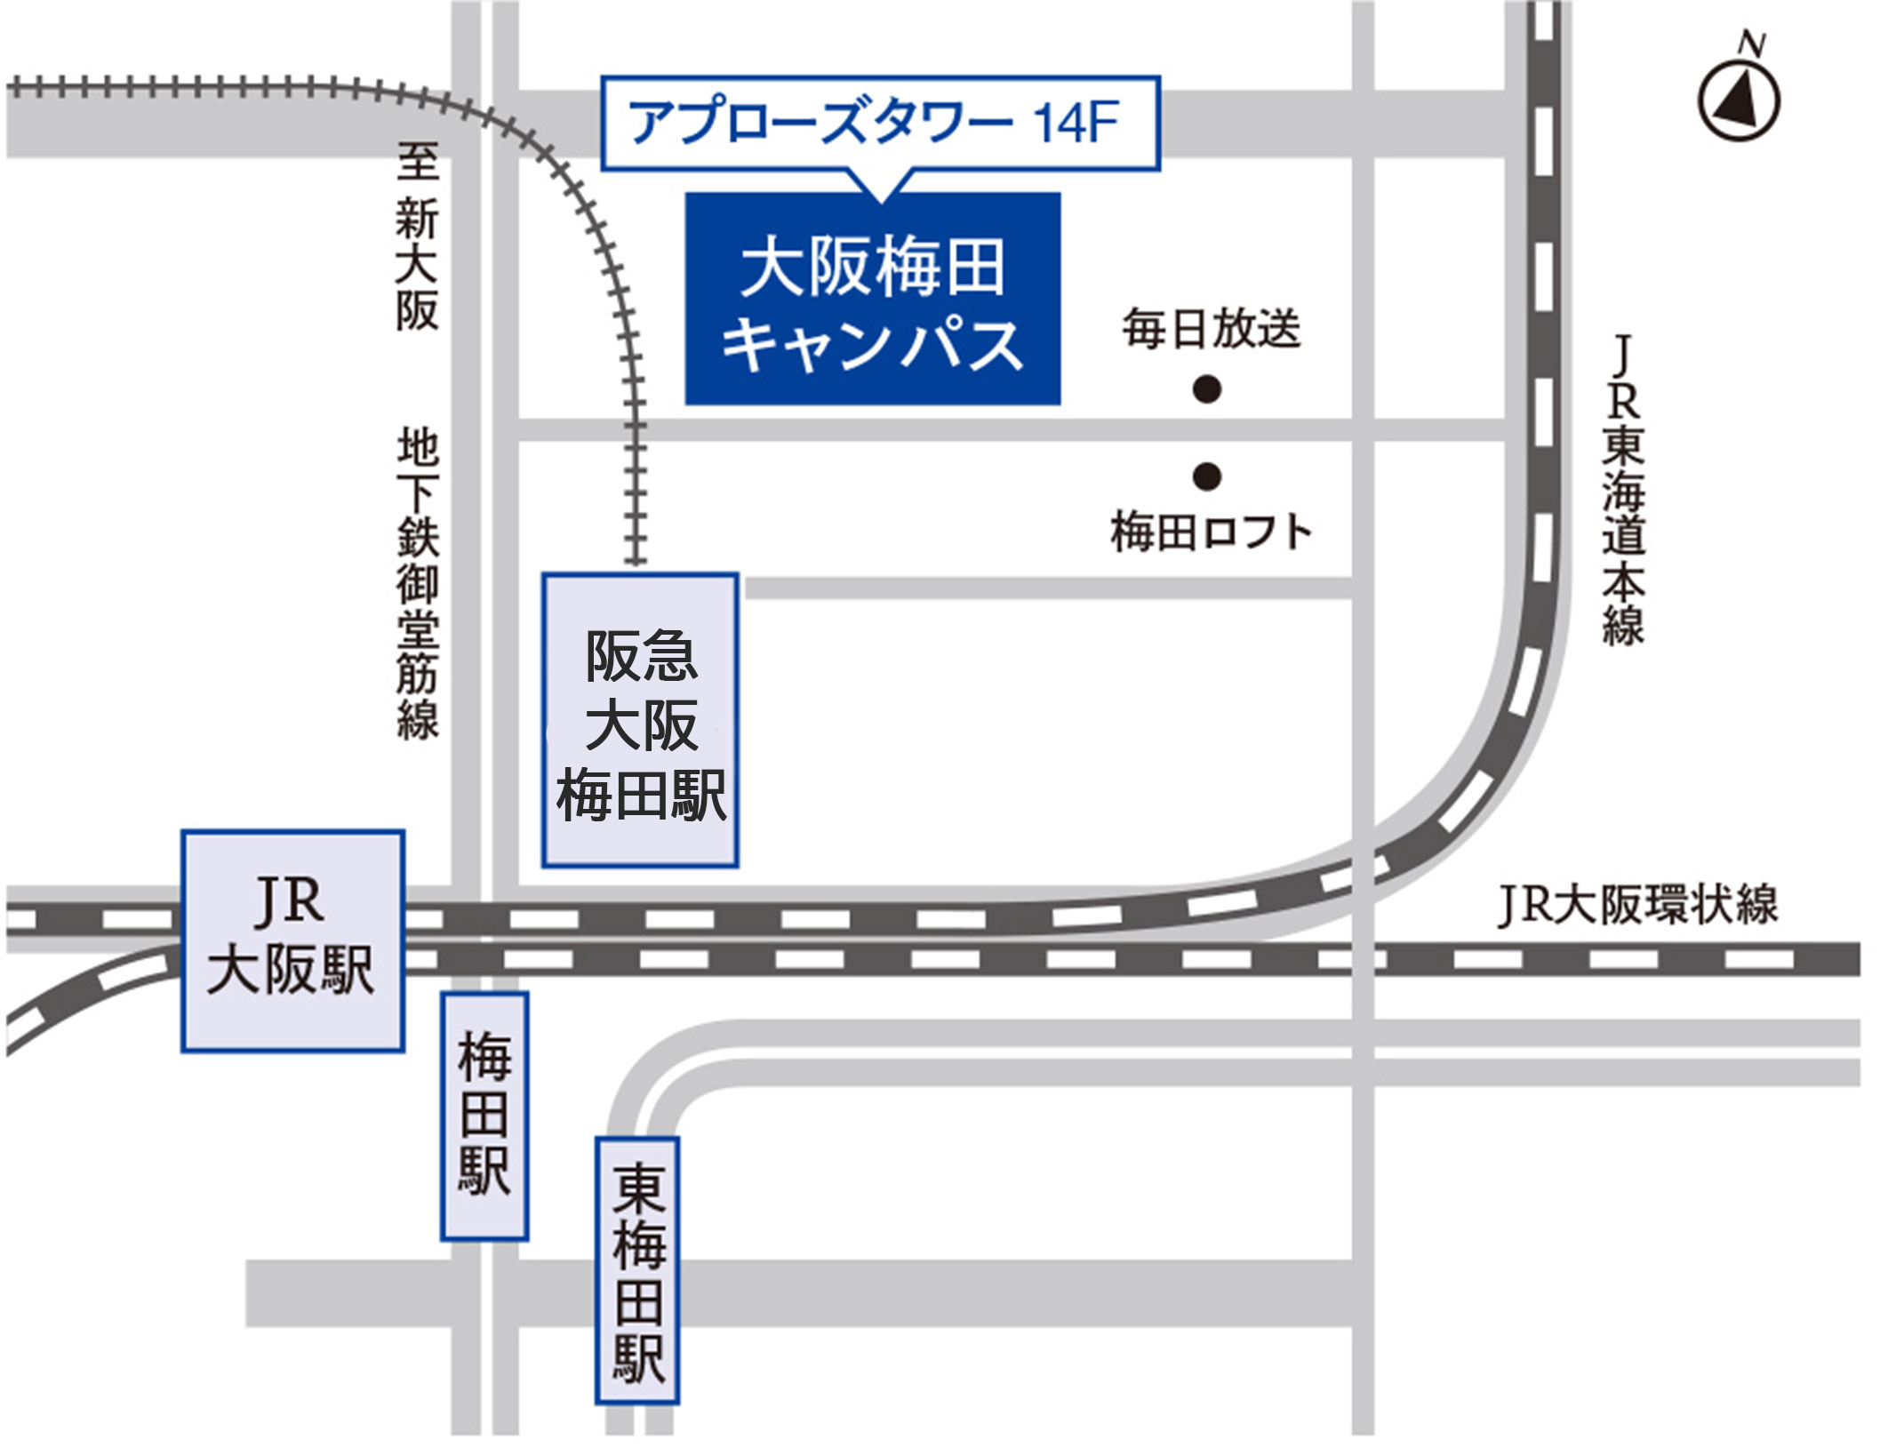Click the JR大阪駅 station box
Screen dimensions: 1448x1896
click(292, 941)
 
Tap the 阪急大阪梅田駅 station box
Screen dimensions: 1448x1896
click(640, 720)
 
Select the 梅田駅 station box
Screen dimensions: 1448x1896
click(484, 1116)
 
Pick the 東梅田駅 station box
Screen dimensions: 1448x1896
click(637, 1271)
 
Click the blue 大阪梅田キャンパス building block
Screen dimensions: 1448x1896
click(872, 299)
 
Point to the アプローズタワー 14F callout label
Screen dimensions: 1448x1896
click(880, 123)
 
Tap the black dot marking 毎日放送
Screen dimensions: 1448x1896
click(1206, 388)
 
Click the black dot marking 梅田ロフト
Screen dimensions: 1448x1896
click(1206, 476)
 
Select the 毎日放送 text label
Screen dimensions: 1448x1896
click(1211, 329)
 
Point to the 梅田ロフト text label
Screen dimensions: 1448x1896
click(1211, 532)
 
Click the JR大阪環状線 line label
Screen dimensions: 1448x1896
click(1637, 905)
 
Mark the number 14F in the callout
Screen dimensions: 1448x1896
click(1075, 123)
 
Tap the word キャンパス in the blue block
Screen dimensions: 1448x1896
click(872, 345)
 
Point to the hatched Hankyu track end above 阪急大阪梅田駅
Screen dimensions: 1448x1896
click(634, 551)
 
